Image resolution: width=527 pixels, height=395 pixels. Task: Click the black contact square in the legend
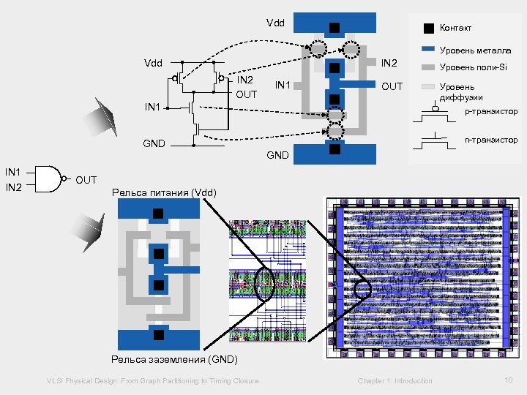pyautogui.click(x=429, y=28)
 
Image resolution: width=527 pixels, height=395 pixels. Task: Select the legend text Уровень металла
pyautogui.click(x=475, y=50)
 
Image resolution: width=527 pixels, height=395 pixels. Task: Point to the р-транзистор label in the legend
pyautogui.click(x=491, y=111)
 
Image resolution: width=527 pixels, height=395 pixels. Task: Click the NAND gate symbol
pyautogui.click(x=50, y=179)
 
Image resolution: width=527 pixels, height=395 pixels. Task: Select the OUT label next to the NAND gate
pyautogui.click(x=86, y=180)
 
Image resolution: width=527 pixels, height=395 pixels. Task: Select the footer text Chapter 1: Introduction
pyautogui.click(x=395, y=381)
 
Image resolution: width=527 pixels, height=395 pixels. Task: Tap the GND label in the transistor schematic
pyautogui.click(x=154, y=143)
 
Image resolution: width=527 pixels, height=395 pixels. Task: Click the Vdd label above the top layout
pyautogui.click(x=276, y=23)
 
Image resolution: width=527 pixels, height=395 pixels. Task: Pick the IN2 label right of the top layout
pyautogui.click(x=389, y=63)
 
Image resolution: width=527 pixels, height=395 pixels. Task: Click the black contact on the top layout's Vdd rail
pyautogui.click(x=334, y=28)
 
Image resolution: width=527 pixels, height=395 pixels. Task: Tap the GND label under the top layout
pyautogui.click(x=277, y=155)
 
